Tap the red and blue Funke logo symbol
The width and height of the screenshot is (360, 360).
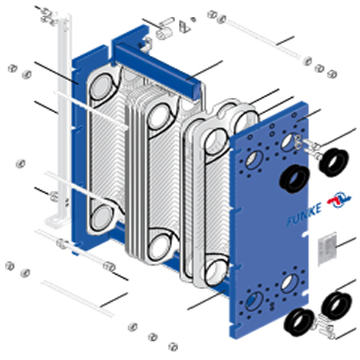coord(340,199)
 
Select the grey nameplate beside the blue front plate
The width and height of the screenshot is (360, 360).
coord(328,248)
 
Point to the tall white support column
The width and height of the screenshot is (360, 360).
coord(64,115)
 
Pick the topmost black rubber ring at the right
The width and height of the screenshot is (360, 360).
coord(334,162)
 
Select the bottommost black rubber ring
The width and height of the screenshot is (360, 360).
coord(299,322)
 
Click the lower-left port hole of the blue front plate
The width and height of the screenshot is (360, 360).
coord(254,301)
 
